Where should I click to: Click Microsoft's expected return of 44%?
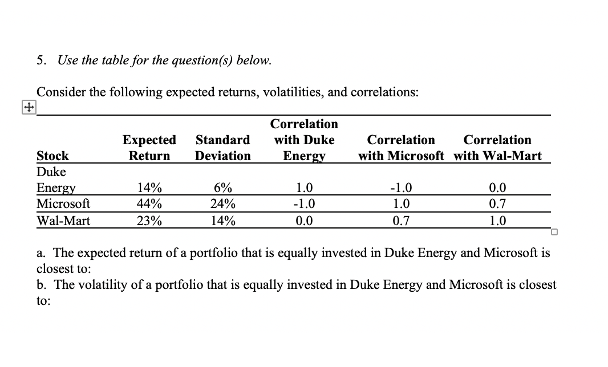(x=149, y=204)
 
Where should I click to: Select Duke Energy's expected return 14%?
(x=149, y=188)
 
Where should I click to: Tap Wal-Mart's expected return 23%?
(x=149, y=221)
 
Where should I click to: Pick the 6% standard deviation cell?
(x=222, y=188)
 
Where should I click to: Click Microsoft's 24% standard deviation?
(x=222, y=204)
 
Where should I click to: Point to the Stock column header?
(x=52, y=156)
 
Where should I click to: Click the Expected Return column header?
(x=149, y=148)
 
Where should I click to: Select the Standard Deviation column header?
(x=222, y=148)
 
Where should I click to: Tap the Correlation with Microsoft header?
(x=401, y=148)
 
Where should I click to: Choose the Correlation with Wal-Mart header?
(x=497, y=148)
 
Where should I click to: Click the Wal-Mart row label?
(x=63, y=221)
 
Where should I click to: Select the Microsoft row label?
(x=63, y=204)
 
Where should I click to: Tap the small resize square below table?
(x=554, y=231)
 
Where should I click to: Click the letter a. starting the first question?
(x=40, y=252)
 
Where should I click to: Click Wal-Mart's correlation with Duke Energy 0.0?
(x=303, y=221)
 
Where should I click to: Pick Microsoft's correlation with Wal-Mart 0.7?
(x=497, y=204)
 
